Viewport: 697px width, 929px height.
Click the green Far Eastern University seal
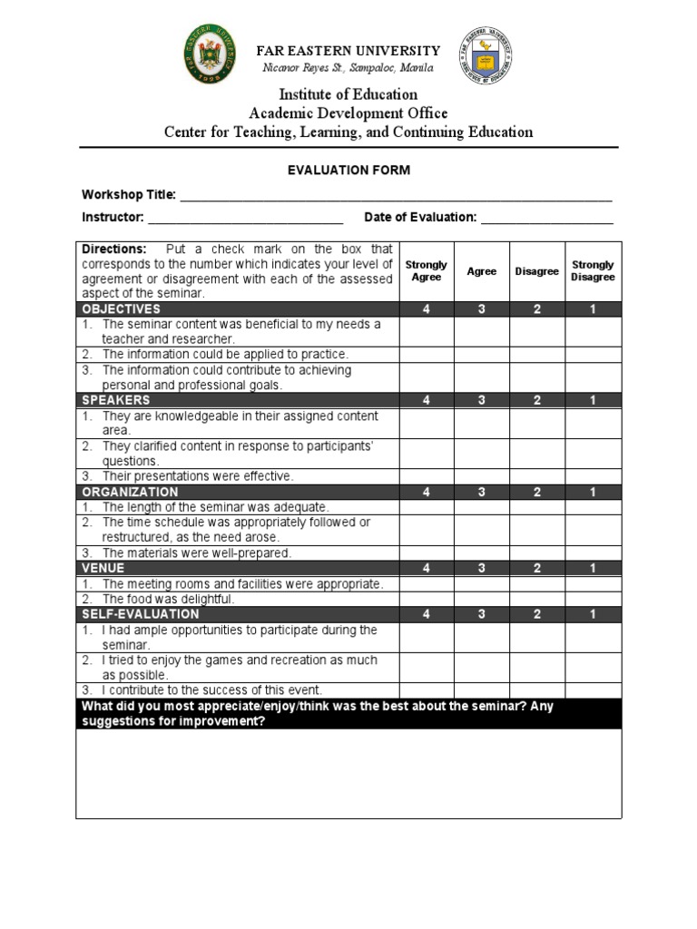(x=214, y=54)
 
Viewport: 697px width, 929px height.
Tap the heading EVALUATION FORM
(x=349, y=170)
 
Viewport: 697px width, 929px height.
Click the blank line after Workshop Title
(x=395, y=196)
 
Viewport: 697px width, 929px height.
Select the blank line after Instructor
(x=245, y=218)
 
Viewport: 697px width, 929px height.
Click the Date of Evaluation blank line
(x=546, y=218)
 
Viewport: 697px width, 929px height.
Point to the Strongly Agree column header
(x=427, y=271)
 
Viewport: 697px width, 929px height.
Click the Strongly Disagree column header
(x=593, y=271)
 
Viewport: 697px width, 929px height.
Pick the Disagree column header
(x=537, y=271)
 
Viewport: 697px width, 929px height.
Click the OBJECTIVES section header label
(x=121, y=309)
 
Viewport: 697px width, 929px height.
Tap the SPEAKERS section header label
(x=116, y=400)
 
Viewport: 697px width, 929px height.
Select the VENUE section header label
(x=103, y=568)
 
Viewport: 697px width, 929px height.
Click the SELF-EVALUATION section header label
(x=140, y=614)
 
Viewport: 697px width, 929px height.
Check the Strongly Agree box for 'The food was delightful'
(x=427, y=599)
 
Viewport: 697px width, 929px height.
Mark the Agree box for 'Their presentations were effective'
(x=482, y=475)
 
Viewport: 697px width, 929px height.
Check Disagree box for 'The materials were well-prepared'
(x=537, y=553)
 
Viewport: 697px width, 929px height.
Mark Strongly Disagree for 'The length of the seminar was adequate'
(x=593, y=507)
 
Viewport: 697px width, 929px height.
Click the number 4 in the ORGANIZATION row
(x=427, y=492)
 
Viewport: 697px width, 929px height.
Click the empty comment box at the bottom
(x=349, y=773)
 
